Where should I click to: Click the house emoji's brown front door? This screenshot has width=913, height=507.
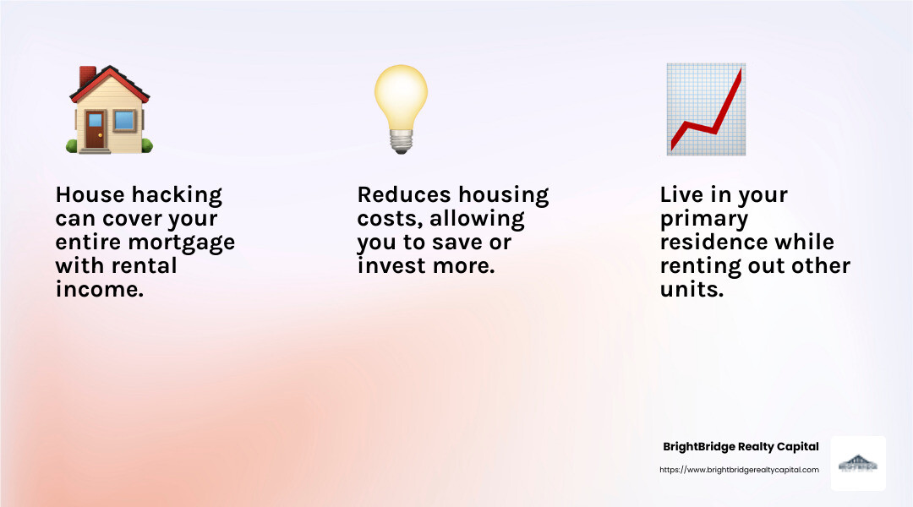(95, 130)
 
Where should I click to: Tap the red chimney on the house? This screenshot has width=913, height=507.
(87, 77)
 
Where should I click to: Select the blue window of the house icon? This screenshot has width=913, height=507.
(124, 120)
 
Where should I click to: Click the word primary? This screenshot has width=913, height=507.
(703, 219)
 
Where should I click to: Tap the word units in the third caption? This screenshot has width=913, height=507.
(691, 290)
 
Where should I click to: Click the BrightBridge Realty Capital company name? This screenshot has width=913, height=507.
(741, 447)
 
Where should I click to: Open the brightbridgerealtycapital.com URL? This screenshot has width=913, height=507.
(739, 470)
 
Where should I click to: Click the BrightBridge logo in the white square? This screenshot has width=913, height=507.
(858, 464)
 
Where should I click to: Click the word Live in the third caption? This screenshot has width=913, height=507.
(681, 195)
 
